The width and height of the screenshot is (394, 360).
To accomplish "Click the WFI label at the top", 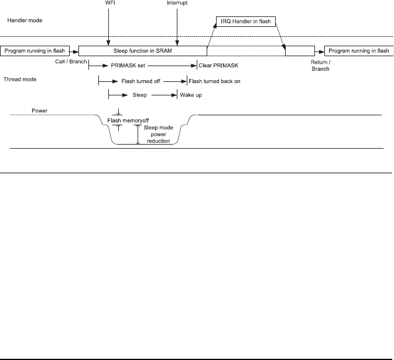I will coord(108,4).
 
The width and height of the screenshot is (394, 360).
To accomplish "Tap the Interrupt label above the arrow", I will coord(176,4).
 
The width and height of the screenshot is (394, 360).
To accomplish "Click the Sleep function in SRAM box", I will coord(143,51).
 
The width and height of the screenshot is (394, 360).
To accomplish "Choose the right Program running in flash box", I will coord(358,51).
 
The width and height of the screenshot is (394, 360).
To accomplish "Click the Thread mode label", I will coord(22,78).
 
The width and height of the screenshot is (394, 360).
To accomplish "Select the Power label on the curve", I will coord(40,109).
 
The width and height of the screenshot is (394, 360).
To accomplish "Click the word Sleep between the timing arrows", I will coord(138,95).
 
